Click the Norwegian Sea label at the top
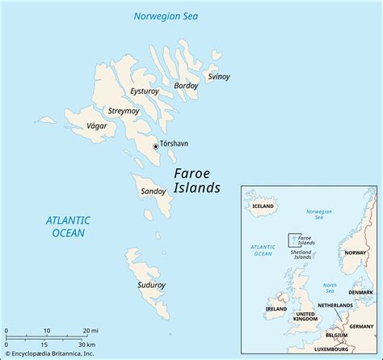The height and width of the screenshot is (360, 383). (x=166, y=15)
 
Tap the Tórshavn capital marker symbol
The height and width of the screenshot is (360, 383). (x=157, y=146)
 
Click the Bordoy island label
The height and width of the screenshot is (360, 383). (x=185, y=85)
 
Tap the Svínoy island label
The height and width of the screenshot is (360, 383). (x=219, y=76)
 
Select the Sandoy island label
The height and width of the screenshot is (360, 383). (x=154, y=192)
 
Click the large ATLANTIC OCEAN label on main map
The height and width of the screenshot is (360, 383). (x=68, y=227)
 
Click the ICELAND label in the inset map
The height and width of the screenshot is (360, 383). (x=263, y=206)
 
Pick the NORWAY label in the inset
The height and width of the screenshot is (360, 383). (x=356, y=252)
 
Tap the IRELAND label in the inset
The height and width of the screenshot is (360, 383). (x=277, y=309)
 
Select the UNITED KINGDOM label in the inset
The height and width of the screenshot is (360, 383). (x=305, y=316)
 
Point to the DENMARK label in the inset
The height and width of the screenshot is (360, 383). (x=361, y=292)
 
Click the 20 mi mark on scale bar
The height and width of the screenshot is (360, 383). (x=90, y=330)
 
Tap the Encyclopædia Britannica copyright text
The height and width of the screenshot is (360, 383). (x=49, y=354)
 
